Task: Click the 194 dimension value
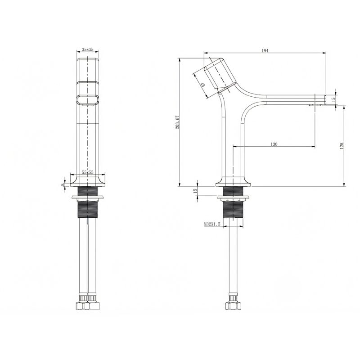pyautogui.click(x=265, y=51)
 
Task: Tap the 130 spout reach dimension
pyautogui.click(x=274, y=144)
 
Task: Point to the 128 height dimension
pyautogui.click(x=342, y=146)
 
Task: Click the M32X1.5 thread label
pyautogui.click(x=212, y=224)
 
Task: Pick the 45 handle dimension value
pyautogui.click(x=203, y=85)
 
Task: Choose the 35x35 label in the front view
pyautogui.click(x=87, y=49)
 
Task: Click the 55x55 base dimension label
pyautogui.click(x=88, y=172)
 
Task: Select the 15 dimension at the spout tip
pyautogui.click(x=333, y=99)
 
